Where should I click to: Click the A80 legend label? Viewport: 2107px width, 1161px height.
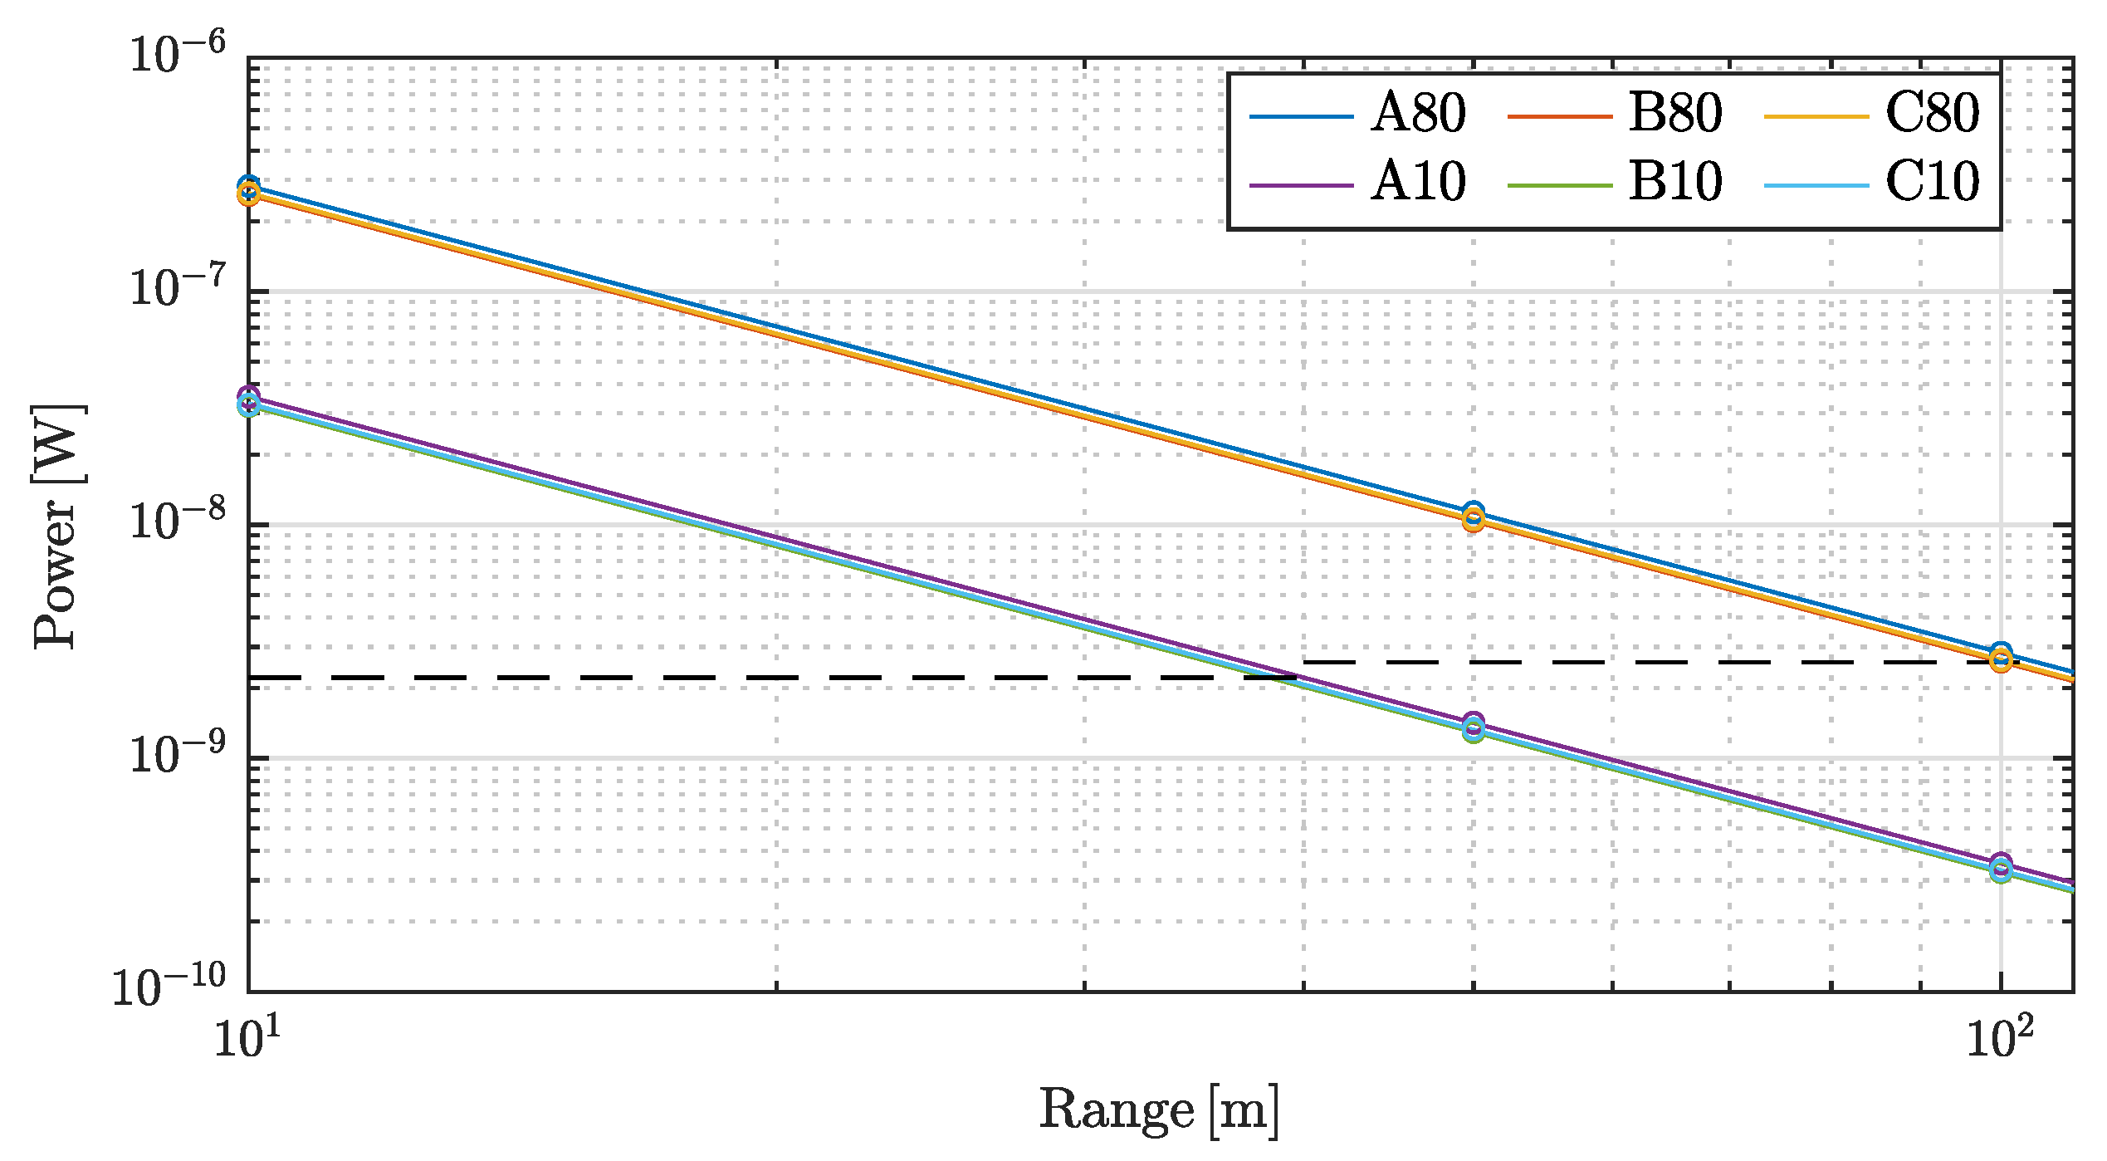(1418, 113)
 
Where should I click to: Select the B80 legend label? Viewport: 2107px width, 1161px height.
(1675, 113)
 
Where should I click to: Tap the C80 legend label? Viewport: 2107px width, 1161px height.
(1932, 113)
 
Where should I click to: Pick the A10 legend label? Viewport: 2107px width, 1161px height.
(1418, 182)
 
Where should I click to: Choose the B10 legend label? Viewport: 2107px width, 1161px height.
(1675, 182)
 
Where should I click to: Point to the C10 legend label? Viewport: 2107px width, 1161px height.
(1932, 182)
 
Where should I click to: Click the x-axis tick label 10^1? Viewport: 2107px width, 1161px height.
(247, 1038)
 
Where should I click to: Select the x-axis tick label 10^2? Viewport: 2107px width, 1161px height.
(2001, 1038)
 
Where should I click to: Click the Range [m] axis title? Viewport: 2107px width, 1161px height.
(1159, 1111)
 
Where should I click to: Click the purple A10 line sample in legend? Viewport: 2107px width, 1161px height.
(1302, 185)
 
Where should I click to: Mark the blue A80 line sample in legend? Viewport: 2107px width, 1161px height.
(1302, 116)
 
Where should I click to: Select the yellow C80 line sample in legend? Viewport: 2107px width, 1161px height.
(1816, 116)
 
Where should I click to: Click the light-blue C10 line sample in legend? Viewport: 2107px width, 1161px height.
(1816, 185)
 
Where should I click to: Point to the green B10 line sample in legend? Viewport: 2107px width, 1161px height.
(1559, 185)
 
